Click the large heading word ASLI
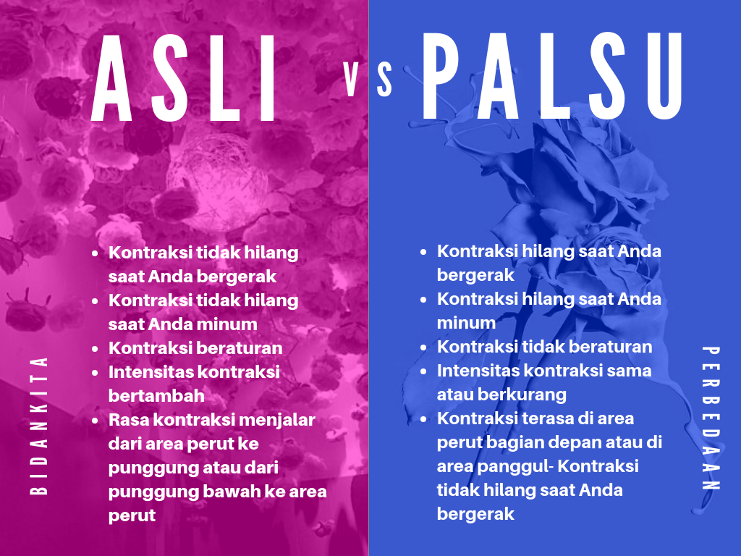183,78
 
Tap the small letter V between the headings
351,80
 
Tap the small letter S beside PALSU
385,80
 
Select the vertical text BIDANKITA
39,426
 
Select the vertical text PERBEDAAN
711,418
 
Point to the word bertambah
156,395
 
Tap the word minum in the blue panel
466,323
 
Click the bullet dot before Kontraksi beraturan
95,349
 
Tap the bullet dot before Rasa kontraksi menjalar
95,421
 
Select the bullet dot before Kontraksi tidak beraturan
423,347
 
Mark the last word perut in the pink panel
132,515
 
